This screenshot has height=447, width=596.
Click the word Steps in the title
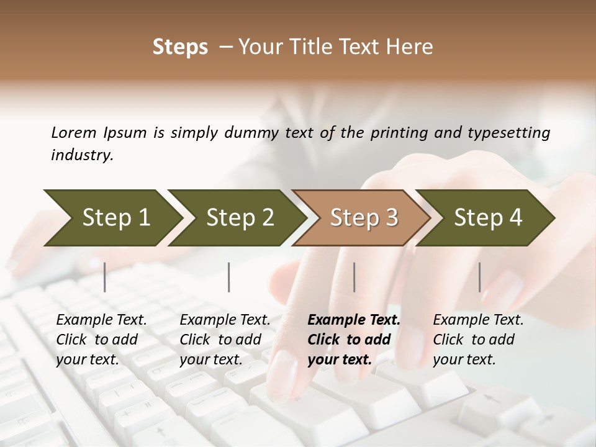[x=180, y=47]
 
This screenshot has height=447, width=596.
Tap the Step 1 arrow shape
[x=112, y=217]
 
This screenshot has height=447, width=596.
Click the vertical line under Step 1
[x=105, y=277]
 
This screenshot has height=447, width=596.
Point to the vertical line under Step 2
[x=229, y=277]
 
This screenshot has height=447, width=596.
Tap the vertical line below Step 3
[x=354, y=277]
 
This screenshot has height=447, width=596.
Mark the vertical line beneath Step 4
[x=480, y=277]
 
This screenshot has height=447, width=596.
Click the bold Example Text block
[x=353, y=340]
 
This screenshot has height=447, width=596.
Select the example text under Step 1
[x=101, y=340]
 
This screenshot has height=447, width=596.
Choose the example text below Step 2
[x=224, y=340]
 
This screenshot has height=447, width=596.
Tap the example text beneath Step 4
[x=477, y=340]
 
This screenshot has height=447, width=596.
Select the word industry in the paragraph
[x=81, y=155]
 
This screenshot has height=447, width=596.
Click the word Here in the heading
[x=413, y=47]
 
